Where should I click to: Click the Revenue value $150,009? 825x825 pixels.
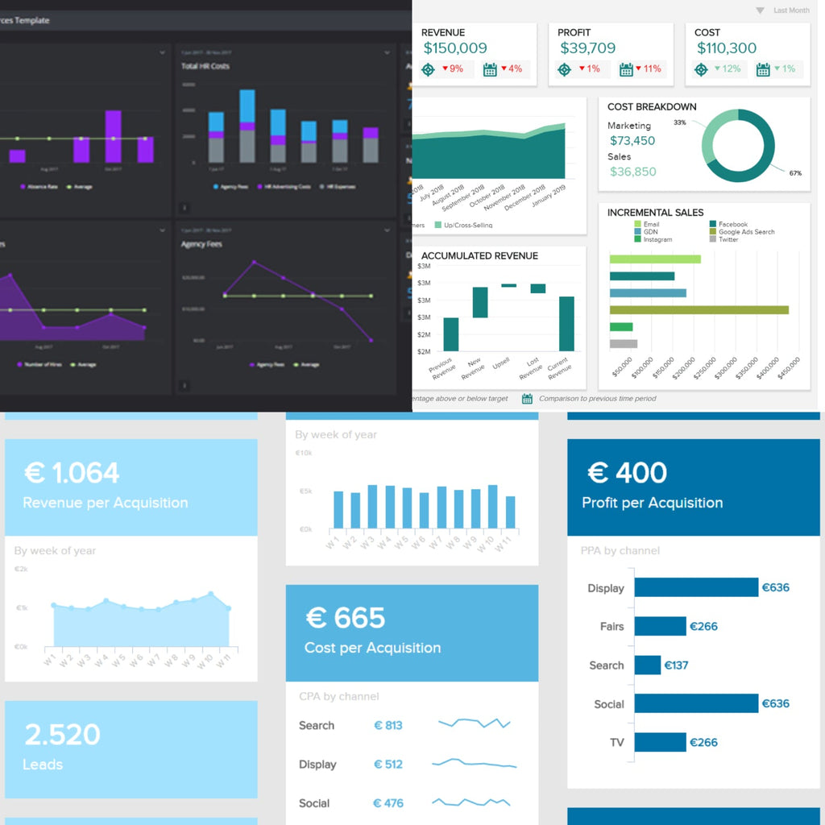tap(454, 48)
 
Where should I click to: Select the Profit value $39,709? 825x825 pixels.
tap(587, 48)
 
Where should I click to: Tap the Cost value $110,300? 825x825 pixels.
tap(726, 48)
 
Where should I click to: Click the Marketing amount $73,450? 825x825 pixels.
tap(632, 141)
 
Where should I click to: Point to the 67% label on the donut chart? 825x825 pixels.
tap(795, 173)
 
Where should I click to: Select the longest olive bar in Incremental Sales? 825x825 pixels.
tap(699, 309)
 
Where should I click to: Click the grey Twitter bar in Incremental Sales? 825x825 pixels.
tap(623, 344)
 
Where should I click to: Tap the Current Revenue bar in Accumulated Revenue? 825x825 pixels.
tap(566, 324)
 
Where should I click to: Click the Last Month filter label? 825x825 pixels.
tap(790, 10)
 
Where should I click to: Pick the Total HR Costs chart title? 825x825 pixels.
tap(205, 66)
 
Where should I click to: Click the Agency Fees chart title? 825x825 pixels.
tap(201, 244)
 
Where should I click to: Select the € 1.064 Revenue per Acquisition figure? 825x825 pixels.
tap(72, 473)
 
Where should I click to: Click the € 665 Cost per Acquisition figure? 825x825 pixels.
tap(346, 618)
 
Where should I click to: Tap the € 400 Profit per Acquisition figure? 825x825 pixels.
tap(627, 473)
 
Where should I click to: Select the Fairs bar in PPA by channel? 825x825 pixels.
tap(660, 626)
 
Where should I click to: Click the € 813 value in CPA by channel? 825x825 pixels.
tap(388, 725)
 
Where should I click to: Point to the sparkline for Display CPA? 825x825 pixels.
tap(474, 763)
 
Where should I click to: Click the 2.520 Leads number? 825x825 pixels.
tap(62, 735)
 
